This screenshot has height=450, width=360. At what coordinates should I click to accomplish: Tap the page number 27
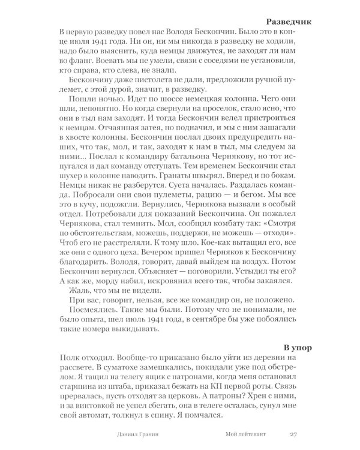(x=293, y=434)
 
